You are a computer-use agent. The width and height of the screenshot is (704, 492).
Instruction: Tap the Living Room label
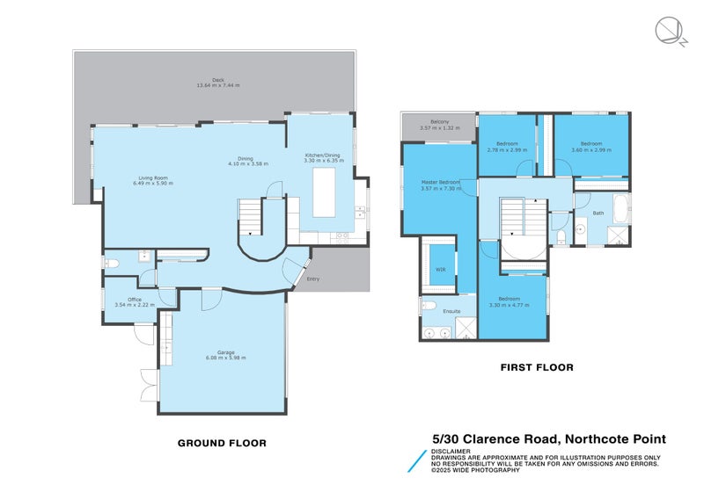click(153, 180)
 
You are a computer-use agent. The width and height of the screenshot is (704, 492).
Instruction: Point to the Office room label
click(135, 302)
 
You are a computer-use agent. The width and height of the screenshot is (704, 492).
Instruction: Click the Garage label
click(226, 355)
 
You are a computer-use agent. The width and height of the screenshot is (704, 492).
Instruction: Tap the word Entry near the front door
click(312, 279)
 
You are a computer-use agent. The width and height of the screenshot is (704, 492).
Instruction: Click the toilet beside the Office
click(112, 263)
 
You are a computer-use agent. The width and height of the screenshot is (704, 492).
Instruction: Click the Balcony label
click(440, 125)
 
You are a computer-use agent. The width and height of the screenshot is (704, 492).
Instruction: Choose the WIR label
click(440, 269)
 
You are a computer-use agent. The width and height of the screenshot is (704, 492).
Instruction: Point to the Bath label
click(598, 213)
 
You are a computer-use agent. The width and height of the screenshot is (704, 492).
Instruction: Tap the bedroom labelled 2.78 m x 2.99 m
click(506, 146)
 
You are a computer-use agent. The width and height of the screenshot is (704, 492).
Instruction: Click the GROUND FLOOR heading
click(222, 443)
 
